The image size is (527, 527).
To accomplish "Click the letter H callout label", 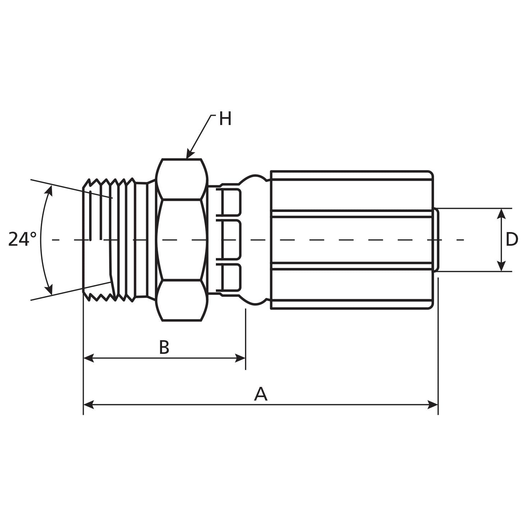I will click(x=225, y=119).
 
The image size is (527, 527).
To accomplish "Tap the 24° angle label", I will click(x=22, y=239).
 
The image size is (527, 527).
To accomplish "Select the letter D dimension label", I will click(x=512, y=240).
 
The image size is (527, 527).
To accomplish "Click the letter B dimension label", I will click(x=164, y=347).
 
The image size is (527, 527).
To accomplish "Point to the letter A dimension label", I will click(x=260, y=394).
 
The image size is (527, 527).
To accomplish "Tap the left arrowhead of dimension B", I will click(x=88, y=358).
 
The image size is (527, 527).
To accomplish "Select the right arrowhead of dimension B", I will click(x=240, y=358).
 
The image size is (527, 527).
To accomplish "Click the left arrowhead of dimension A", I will click(x=88, y=405).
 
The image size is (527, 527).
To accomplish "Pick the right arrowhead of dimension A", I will click(x=433, y=405).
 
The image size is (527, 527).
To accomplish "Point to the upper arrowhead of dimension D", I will click(x=501, y=213).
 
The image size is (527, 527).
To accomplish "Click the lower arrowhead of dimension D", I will click(x=501, y=266).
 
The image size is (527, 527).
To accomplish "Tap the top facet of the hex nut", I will click(x=182, y=179).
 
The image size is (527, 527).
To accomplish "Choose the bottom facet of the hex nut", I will click(x=182, y=300).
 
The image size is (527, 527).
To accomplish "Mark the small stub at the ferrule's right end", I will click(x=436, y=240).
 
